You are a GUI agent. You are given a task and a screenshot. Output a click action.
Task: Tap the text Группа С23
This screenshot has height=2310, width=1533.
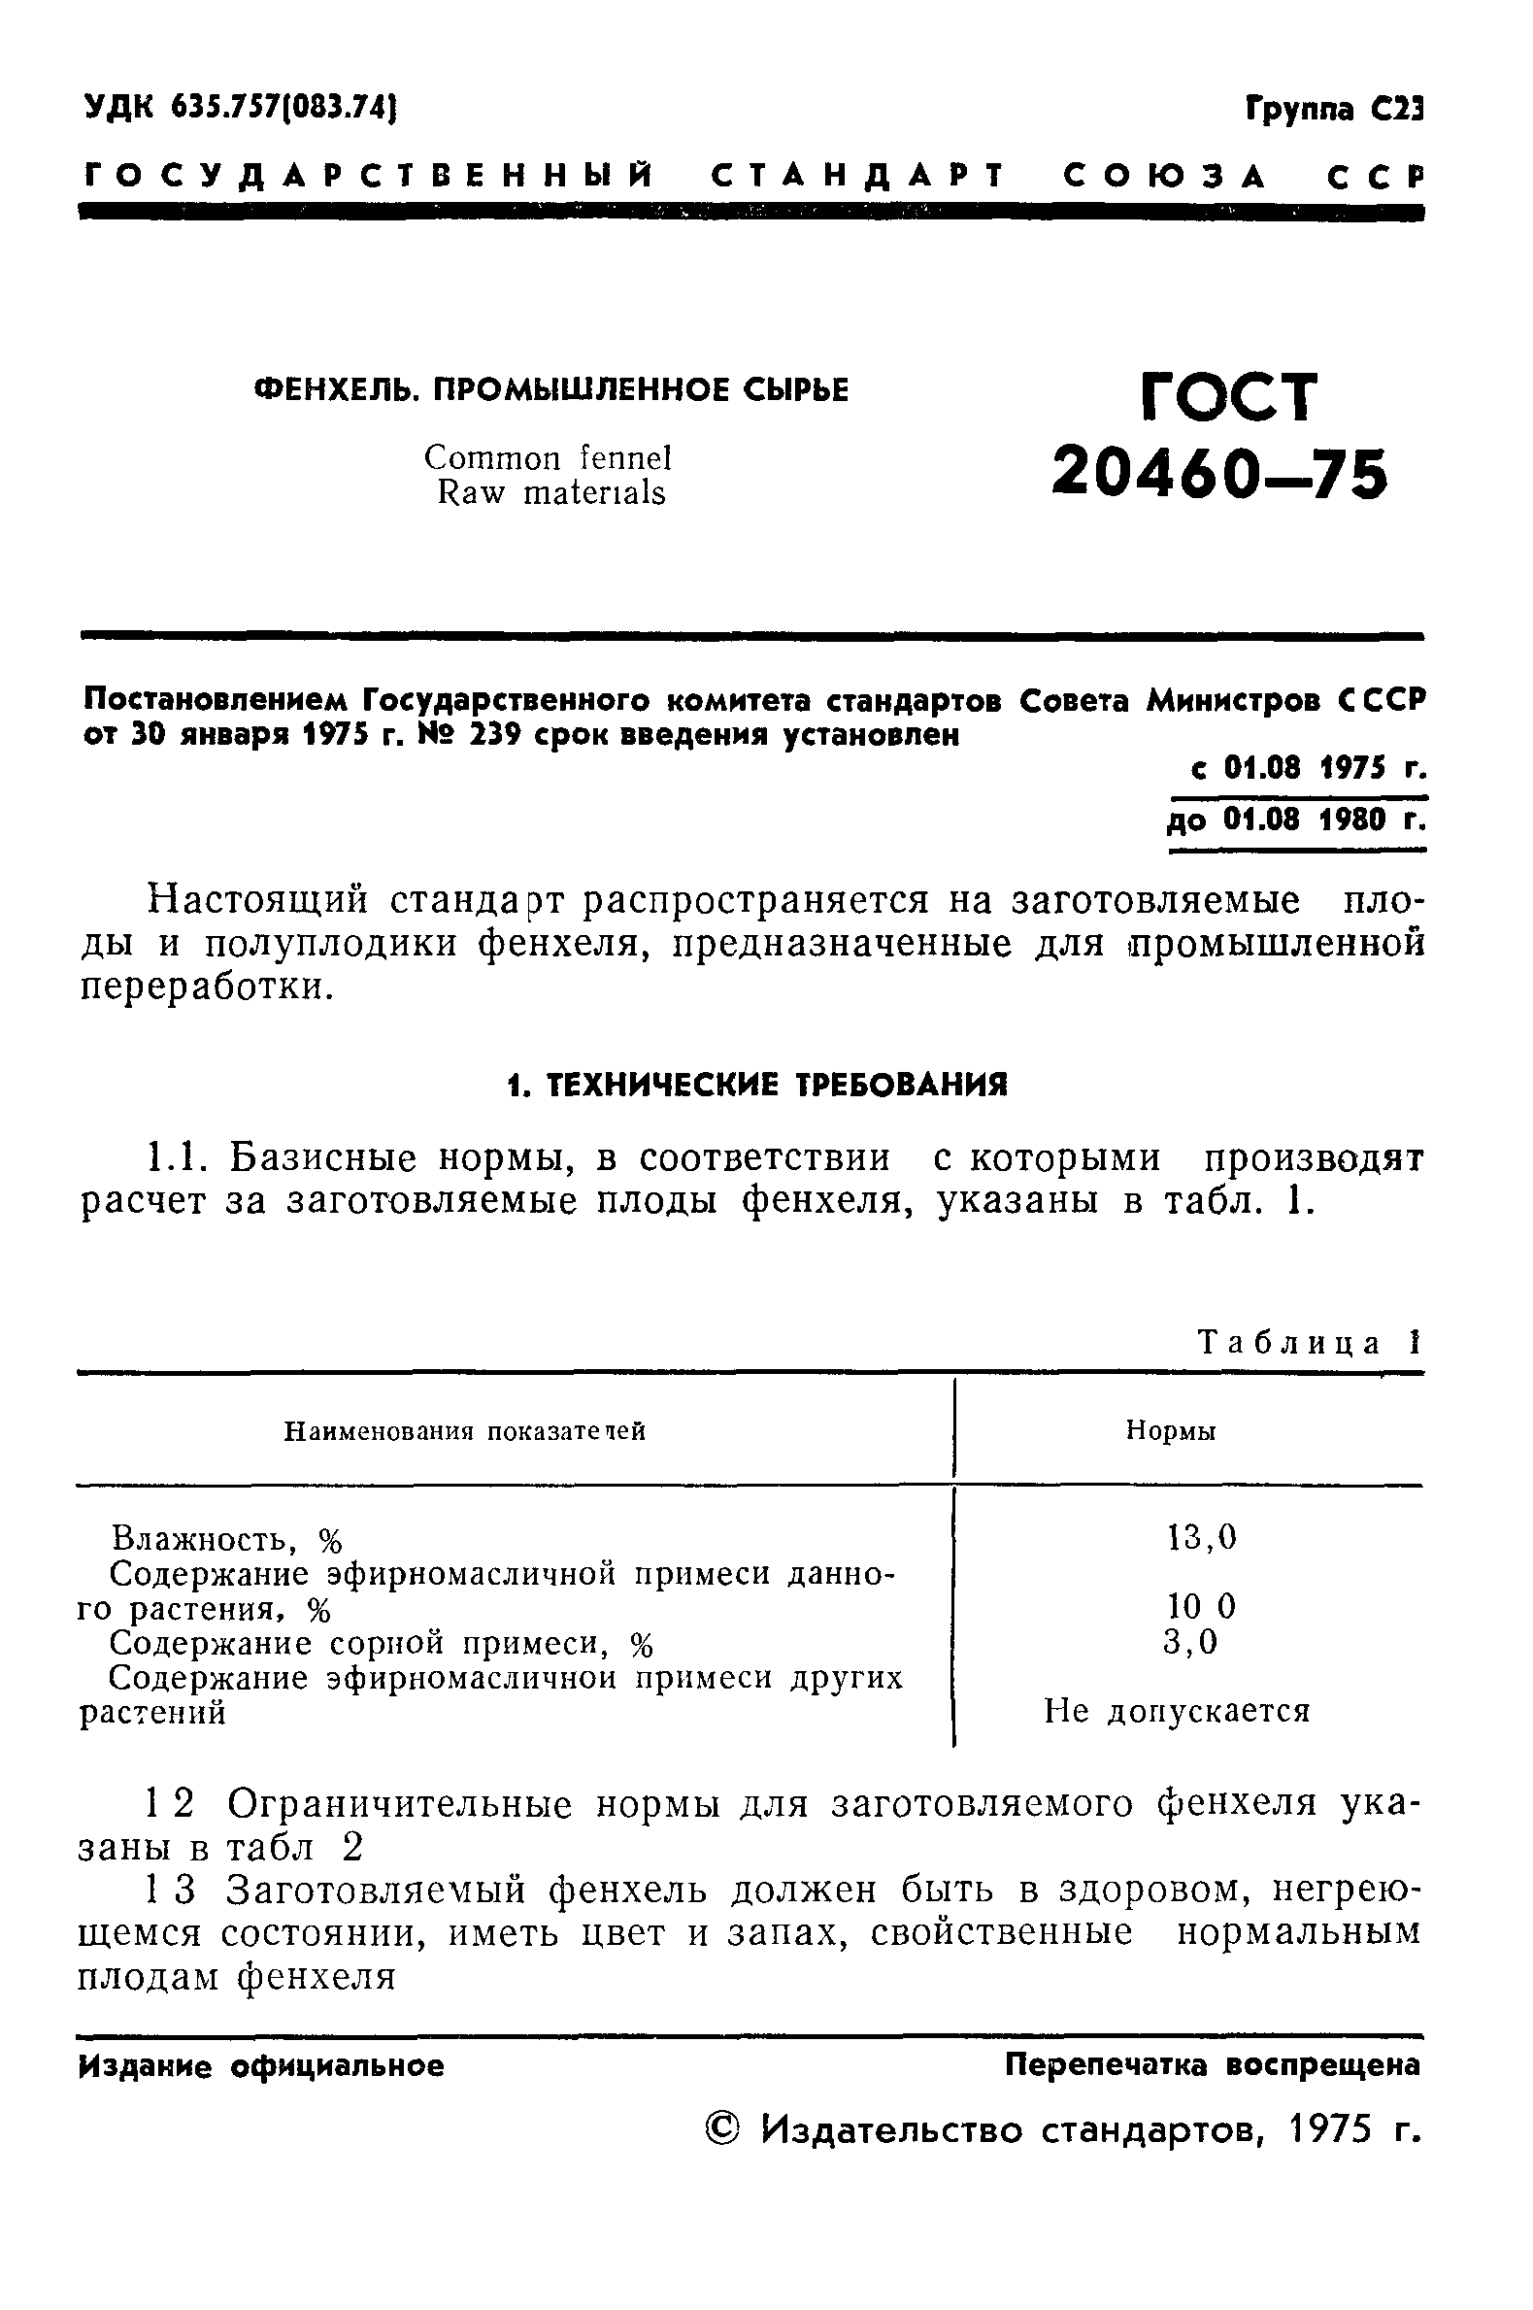click(x=1334, y=108)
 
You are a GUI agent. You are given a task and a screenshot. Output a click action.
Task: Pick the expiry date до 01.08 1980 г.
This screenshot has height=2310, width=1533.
click(x=1296, y=820)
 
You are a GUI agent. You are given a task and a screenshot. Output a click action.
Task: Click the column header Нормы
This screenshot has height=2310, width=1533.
click(x=1170, y=1431)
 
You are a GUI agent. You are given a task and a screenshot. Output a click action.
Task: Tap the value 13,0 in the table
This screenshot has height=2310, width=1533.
click(x=1202, y=1538)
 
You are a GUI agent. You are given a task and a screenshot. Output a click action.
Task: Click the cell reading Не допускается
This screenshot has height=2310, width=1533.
click(x=1176, y=1711)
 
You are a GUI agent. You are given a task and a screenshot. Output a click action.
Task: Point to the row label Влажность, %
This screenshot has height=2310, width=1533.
click(x=227, y=1540)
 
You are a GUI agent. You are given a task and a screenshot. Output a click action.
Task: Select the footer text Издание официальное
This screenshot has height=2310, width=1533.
click(x=261, y=2065)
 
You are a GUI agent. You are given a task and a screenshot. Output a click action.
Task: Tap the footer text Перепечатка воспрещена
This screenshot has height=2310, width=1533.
click(x=1213, y=2064)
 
